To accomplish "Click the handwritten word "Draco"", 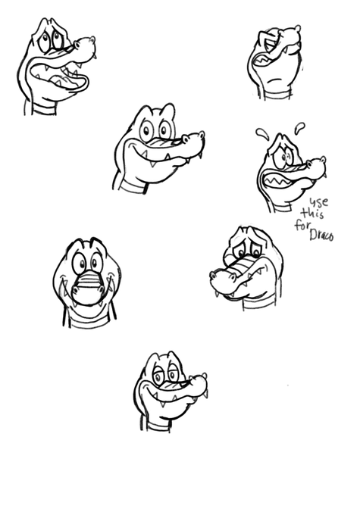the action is [x=321, y=236].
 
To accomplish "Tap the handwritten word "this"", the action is [x=312, y=214].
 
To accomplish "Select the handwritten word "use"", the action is [x=319, y=201].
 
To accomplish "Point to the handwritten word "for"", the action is [x=301, y=226].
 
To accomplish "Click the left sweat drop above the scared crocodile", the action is [x=262, y=133].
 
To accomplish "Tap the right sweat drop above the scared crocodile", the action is [x=299, y=128].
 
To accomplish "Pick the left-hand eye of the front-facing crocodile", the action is [x=80, y=263].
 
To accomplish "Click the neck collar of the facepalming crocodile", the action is [x=278, y=95].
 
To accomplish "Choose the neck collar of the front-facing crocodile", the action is [x=89, y=321].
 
